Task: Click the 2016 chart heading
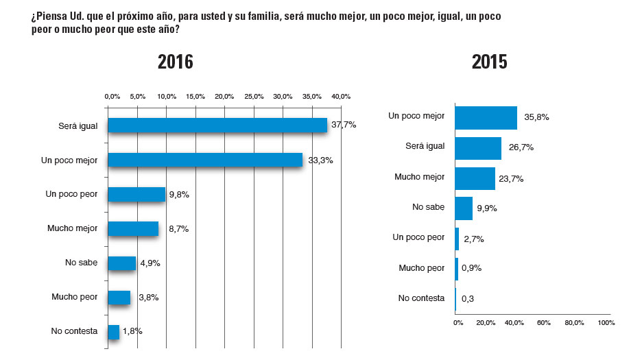coord(176,62)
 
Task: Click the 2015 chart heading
coord(490,62)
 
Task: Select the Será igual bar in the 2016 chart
coord(217,125)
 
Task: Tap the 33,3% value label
coord(318,160)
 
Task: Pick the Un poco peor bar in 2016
coord(136,194)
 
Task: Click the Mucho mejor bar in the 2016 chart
coord(133,228)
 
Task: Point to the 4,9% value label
coord(150,263)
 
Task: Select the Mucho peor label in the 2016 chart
coord(74,297)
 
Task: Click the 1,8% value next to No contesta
coord(132,331)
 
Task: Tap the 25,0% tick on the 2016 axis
coord(254,97)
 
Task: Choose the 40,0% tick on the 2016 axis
coord(341,97)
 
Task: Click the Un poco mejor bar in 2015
coord(486,117)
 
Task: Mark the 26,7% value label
coord(521,147)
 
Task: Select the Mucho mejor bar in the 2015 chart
coord(475,178)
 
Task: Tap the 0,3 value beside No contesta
coord(468,298)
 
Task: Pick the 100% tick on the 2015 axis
coord(606,322)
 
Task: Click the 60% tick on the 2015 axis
coord(544,322)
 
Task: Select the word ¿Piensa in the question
coord(49,16)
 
